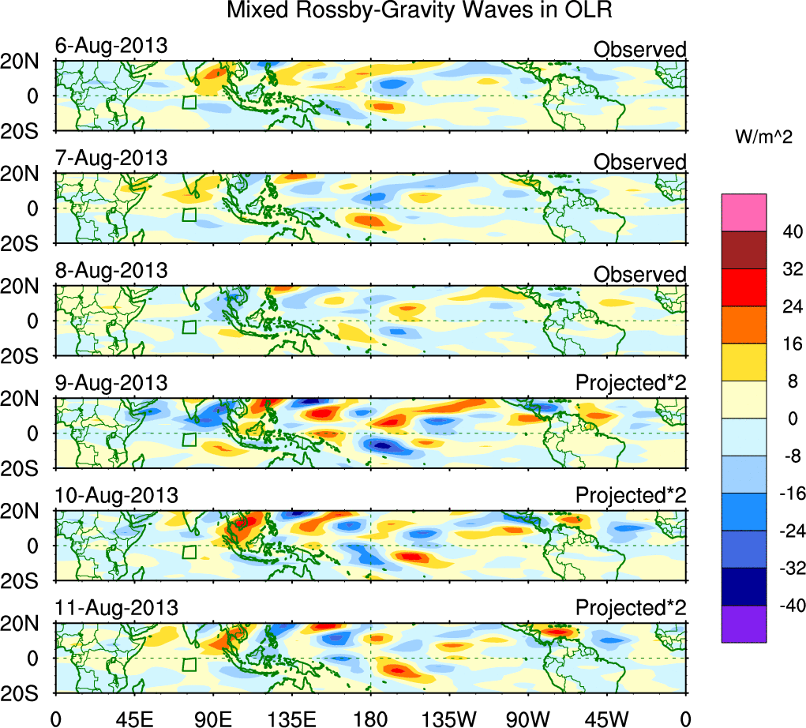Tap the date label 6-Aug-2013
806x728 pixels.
pos(111,46)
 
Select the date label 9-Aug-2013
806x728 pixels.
pos(111,383)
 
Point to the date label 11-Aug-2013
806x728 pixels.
pos(116,608)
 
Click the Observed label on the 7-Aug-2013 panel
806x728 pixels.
pos(639,162)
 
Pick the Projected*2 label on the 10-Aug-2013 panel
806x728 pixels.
pos(631,496)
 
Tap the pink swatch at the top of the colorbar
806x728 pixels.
pos(744,212)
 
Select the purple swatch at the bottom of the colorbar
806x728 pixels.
pos(744,624)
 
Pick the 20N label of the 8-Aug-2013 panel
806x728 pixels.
pos(25,287)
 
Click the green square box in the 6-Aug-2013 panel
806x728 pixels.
pos(189,102)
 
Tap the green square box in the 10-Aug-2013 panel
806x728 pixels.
pos(189,552)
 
